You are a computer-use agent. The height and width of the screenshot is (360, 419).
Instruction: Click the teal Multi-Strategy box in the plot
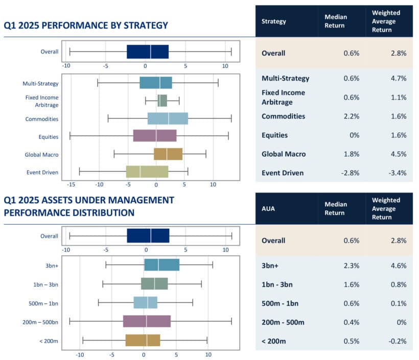156,83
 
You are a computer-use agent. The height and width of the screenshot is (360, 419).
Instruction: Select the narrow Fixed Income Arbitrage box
162,101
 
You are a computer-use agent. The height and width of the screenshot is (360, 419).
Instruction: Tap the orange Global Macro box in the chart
168,154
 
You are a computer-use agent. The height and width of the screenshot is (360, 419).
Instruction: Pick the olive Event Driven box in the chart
147,172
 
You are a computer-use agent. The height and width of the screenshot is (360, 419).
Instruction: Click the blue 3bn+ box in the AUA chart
161,265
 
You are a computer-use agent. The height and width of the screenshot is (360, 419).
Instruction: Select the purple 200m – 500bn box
147,321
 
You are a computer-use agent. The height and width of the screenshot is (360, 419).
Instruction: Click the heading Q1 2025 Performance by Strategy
86,25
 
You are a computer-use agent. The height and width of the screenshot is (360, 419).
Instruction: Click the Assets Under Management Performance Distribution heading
88,206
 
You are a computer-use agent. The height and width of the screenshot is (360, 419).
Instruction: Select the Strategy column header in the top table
273,21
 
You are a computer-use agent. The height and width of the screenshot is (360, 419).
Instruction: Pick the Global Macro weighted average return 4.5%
397,154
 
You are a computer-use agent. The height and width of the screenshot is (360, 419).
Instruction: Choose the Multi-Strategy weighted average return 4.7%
397,79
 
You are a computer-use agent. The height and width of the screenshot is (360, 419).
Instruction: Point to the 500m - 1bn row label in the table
280,303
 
